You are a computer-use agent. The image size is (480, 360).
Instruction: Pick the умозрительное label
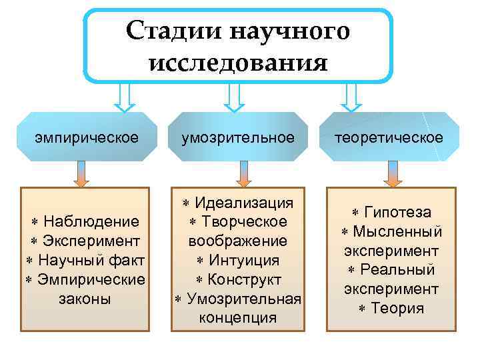[x=238, y=137]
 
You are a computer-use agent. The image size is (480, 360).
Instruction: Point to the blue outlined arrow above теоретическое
[x=349, y=97]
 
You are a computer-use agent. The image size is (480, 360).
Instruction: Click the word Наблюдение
[x=91, y=221]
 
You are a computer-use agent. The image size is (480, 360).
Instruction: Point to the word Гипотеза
[x=397, y=212]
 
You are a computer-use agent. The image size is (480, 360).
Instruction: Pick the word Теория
[x=397, y=309]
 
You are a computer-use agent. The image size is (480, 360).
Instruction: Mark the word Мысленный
[x=397, y=231]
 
